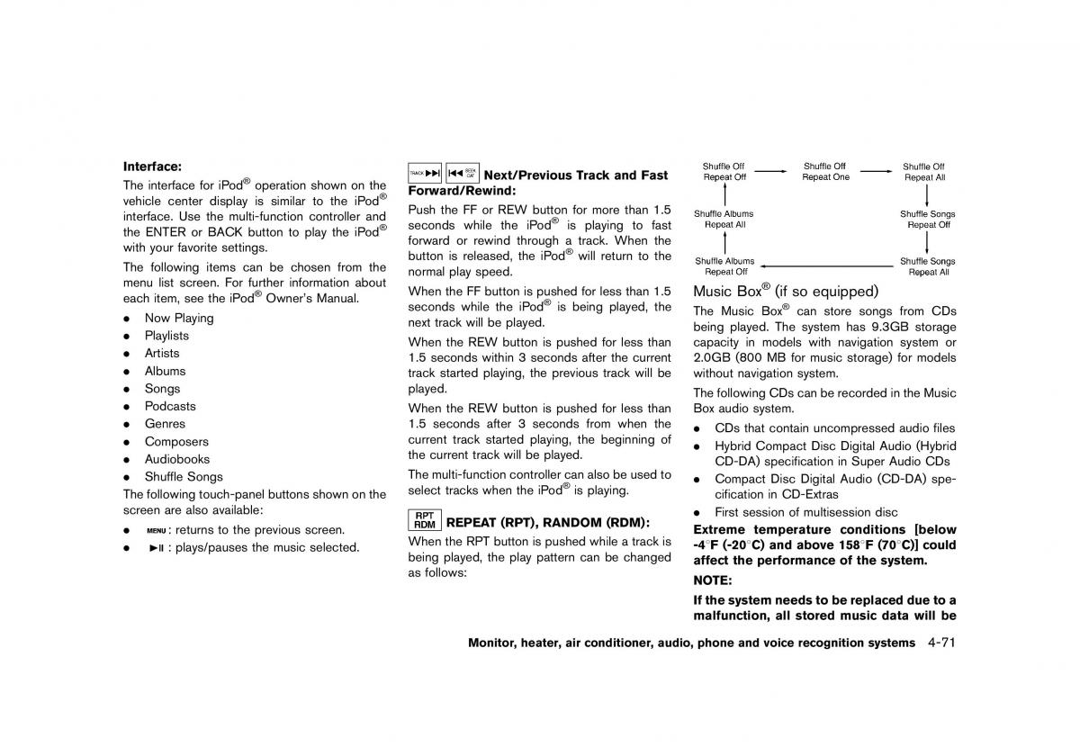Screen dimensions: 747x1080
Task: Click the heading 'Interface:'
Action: click(x=152, y=166)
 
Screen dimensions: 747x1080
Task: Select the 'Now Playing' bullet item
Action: click(x=179, y=318)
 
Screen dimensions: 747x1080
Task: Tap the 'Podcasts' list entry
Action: click(x=170, y=406)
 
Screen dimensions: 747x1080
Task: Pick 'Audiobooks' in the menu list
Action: click(x=177, y=459)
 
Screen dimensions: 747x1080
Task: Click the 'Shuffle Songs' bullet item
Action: click(x=184, y=477)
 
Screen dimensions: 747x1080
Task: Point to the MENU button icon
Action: click(x=156, y=530)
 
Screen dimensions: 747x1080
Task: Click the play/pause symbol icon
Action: click(x=156, y=547)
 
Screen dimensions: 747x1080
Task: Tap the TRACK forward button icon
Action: click(x=425, y=173)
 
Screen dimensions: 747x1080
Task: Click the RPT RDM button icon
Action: click(x=425, y=520)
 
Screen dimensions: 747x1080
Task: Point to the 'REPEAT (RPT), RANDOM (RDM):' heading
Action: click(x=548, y=522)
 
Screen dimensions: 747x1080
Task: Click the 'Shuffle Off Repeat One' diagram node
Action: click(x=825, y=172)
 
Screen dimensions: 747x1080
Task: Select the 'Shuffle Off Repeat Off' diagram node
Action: click(x=724, y=172)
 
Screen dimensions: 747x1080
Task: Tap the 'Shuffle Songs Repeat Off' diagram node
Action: click(x=928, y=220)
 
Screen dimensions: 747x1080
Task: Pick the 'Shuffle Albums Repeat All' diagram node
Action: click(x=724, y=220)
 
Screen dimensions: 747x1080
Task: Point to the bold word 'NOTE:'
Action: click(x=713, y=581)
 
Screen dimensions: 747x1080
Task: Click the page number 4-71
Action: click(x=936, y=643)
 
